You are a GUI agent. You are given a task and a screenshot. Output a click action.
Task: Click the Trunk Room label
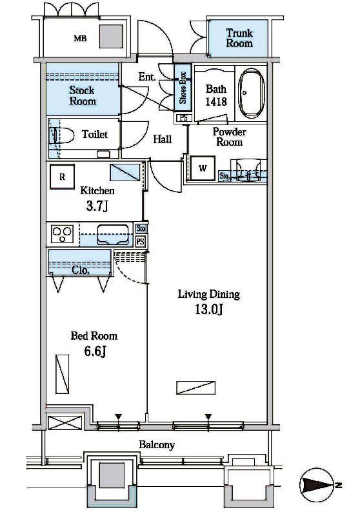click(239, 38)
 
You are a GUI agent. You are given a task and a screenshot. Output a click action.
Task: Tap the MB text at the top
click(80, 39)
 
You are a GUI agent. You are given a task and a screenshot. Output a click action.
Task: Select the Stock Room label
click(83, 95)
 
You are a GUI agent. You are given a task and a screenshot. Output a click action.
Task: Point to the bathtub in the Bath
click(252, 93)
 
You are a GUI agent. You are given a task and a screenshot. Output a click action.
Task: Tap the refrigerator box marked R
click(62, 177)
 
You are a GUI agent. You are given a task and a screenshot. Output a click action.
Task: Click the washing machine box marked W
click(203, 168)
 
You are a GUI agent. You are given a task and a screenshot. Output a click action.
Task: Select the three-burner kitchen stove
click(63, 234)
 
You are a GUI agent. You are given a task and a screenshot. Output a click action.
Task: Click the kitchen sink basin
click(113, 235)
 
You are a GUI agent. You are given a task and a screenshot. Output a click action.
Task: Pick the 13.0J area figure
click(208, 310)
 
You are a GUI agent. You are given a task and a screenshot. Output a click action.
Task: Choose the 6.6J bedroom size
click(95, 351)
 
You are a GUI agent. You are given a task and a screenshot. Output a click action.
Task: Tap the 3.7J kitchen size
click(97, 206)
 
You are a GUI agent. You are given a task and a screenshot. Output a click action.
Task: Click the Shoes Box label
click(183, 88)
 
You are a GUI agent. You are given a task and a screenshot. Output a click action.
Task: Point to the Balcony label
click(157, 445)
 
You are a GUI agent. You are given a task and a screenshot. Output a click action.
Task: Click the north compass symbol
click(317, 485)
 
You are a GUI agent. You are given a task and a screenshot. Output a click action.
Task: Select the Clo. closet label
click(81, 270)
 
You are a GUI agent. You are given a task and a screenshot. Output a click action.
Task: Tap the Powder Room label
click(230, 137)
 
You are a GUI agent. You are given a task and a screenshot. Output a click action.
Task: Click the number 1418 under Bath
click(216, 102)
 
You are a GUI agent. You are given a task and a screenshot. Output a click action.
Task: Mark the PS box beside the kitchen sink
click(141, 241)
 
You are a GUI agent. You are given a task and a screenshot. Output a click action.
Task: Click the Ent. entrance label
click(147, 77)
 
